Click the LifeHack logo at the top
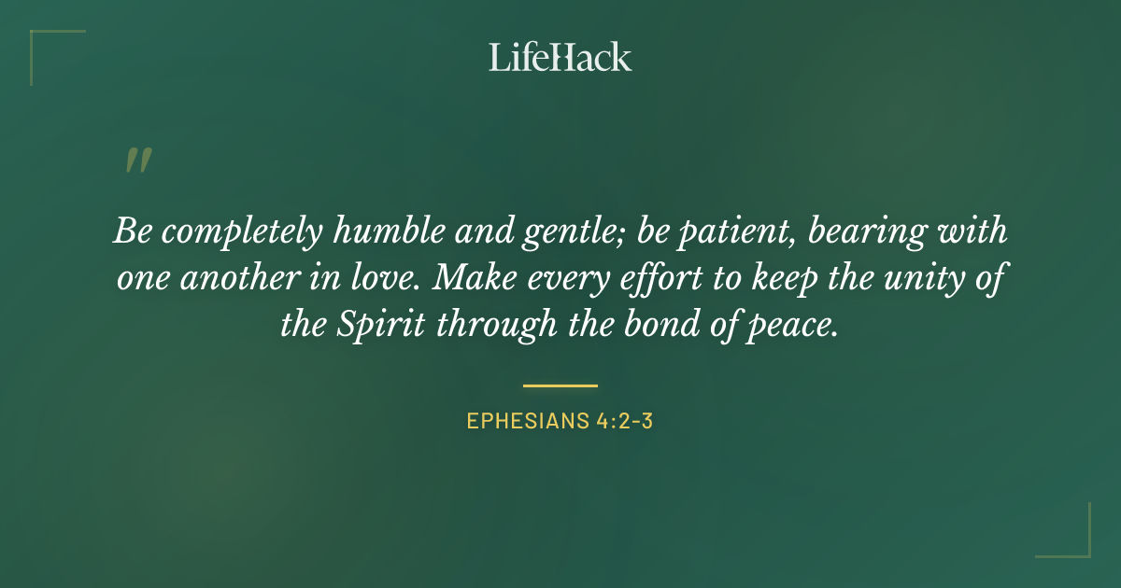click(x=560, y=57)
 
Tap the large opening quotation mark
click(x=137, y=161)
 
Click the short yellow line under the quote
click(x=560, y=385)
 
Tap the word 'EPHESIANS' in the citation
click(x=526, y=421)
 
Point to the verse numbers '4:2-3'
click(x=623, y=421)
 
